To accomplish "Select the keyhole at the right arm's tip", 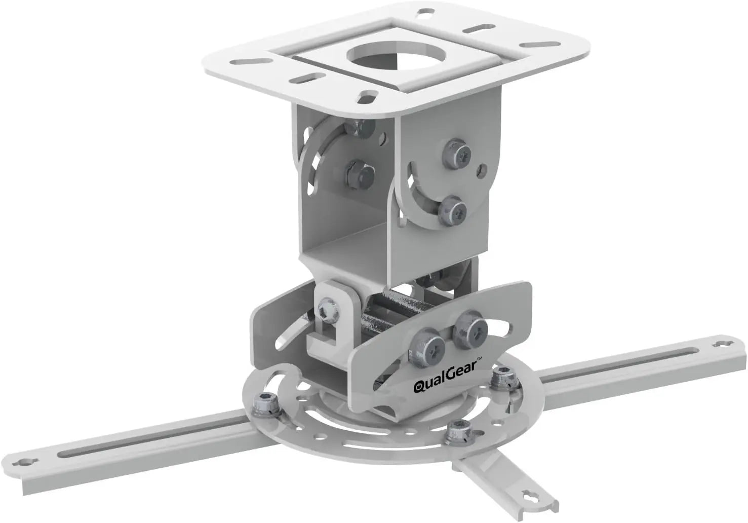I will click(719, 345).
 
